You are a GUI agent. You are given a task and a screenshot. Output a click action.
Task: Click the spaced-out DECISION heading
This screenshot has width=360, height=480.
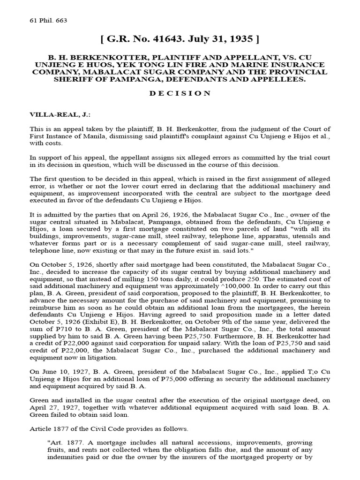(x=180, y=93)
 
